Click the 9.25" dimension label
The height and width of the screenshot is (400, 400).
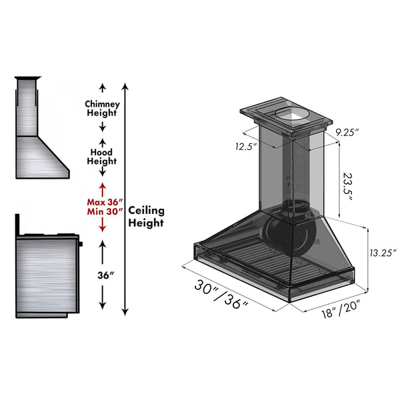click(346, 133)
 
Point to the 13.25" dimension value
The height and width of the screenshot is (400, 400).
click(382, 252)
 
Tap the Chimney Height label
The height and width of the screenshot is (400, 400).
click(102, 108)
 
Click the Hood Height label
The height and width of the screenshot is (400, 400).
click(102, 157)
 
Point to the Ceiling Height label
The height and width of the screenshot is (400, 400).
click(146, 217)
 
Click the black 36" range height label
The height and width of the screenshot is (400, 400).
click(102, 274)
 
